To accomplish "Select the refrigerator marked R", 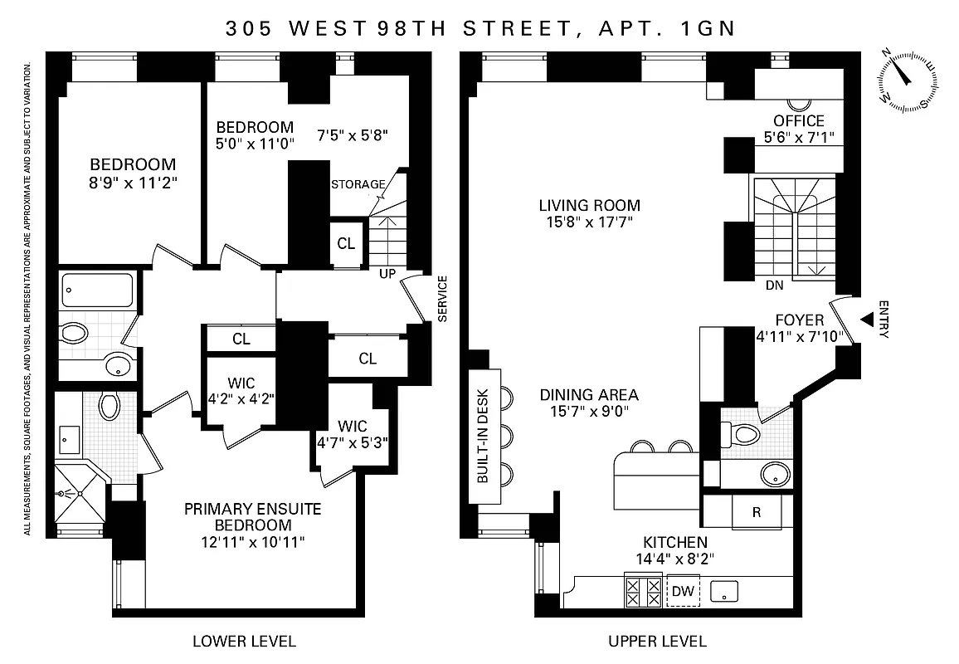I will click(756, 512).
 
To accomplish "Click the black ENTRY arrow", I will click(867, 320).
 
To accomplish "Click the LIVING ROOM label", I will click(589, 205).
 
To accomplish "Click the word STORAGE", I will click(358, 184).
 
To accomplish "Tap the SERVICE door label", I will click(442, 298).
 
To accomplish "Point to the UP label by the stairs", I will click(387, 273).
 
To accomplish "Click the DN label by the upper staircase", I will click(774, 285).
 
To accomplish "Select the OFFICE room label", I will click(799, 121).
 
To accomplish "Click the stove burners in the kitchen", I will click(644, 592).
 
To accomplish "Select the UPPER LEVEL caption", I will click(657, 641).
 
